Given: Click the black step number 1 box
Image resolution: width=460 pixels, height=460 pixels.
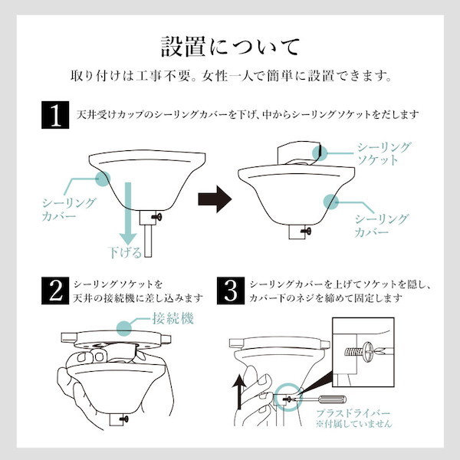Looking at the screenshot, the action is point(55,115).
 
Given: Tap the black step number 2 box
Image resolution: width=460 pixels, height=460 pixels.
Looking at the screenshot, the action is point(55,291).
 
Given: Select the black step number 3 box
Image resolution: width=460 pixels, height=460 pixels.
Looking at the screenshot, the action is point(231,291).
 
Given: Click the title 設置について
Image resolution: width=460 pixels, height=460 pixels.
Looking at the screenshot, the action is point(230,47).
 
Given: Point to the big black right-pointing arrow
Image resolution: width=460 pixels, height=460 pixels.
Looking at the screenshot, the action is point(215,199).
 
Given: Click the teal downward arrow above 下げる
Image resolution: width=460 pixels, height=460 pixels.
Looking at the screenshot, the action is point(128,213).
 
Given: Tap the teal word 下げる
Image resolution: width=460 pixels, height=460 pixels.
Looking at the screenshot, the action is point(124,252).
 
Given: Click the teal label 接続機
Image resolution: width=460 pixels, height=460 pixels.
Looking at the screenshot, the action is point(172,318).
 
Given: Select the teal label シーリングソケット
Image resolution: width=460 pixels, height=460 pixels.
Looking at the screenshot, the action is point(383,153).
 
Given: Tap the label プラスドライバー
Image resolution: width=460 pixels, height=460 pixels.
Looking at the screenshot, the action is point(353,413).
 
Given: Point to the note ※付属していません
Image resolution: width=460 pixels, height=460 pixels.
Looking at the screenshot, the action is point(353,423).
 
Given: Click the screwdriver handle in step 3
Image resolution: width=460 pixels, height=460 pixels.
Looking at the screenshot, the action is point(333,399).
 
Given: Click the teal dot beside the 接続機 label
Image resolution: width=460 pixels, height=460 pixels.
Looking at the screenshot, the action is point(124,327).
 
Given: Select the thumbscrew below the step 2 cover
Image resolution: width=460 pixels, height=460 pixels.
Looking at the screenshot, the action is point(123,419).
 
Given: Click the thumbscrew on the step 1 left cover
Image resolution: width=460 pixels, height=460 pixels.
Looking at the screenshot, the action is point(157,217).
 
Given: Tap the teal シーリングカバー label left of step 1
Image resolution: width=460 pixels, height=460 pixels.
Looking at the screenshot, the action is point(69,209).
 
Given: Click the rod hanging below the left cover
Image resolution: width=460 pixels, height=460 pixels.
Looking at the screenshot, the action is point(148,241).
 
